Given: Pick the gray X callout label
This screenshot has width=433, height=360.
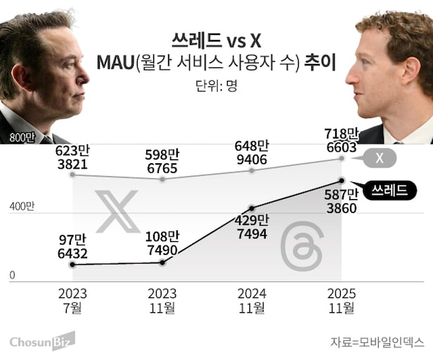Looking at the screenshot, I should coord(380,158).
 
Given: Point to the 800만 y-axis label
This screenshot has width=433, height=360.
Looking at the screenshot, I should coord(21,138).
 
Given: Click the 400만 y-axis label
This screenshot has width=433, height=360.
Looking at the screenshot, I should coord(21,207).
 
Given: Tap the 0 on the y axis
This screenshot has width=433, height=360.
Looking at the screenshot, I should coord(12,276).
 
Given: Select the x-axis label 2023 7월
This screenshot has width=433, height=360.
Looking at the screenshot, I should coord(73,300).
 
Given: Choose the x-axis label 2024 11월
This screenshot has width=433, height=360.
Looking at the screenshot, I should coord(253,300).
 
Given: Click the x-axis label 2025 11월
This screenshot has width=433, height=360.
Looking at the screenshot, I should coord(342,300).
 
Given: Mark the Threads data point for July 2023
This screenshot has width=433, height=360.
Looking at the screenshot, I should coord(73,264).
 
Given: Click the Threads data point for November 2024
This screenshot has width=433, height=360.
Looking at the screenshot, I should coord(253,208).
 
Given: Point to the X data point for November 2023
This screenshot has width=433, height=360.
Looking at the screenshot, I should coord(163,179).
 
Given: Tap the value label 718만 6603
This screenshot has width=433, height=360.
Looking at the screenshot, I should coord(342,139).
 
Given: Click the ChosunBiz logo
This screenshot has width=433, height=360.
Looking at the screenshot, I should coord(42,342).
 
